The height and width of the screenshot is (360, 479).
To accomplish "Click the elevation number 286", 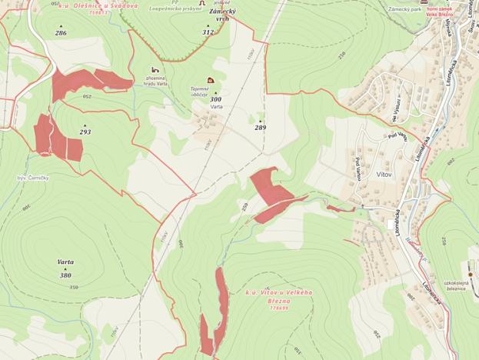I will [x=61, y=33].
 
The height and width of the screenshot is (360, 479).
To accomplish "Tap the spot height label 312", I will [x=208, y=32].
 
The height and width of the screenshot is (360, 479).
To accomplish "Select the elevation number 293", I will [x=85, y=132].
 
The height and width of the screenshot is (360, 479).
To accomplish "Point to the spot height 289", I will [x=261, y=128].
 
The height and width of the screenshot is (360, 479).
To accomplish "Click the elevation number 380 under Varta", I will [x=65, y=275].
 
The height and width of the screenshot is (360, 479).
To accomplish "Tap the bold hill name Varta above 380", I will [x=65, y=262].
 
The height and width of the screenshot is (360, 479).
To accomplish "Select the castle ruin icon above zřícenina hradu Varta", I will [x=156, y=69].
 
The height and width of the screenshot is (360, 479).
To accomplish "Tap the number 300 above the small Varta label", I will [x=215, y=99].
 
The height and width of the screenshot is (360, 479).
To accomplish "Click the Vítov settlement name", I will [x=384, y=175].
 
